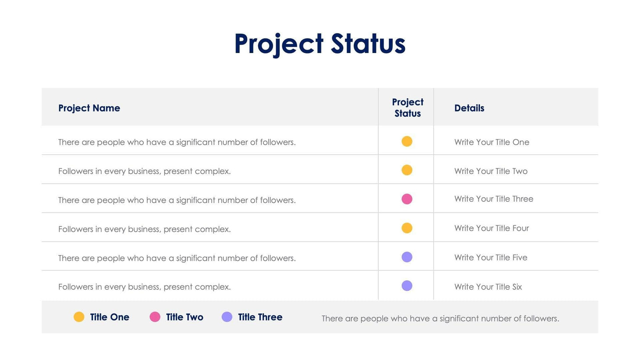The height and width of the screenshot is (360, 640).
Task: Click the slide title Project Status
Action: pyautogui.click(x=320, y=44)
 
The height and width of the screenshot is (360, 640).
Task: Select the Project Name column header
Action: pyautogui.click(x=89, y=108)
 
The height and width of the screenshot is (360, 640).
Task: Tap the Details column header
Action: pyautogui.click(x=469, y=108)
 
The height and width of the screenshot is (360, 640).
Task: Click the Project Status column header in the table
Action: pyautogui.click(x=407, y=107)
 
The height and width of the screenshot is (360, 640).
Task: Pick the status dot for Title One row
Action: pyautogui.click(x=407, y=141)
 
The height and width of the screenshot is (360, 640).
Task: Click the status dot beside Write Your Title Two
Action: pyautogui.click(x=407, y=170)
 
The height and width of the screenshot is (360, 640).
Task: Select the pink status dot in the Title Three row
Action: pyautogui.click(x=407, y=199)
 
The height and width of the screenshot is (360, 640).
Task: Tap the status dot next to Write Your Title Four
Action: pyautogui.click(x=407, y=228)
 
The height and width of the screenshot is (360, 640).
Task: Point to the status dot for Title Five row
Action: pyautogui.click(x=407, y=257)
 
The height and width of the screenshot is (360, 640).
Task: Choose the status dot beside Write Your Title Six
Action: pyautogui.click(x=407, y=286)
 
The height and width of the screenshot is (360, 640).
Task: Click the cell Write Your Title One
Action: pyautogui.click(x=491, y=142)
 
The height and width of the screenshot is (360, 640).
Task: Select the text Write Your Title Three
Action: pyautogui.click(x=494, y=199)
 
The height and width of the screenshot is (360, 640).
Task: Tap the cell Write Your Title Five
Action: pyautogui.click(x=491, y=257)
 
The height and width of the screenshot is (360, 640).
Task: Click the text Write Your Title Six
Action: pyautogui.click(x=488, y=287)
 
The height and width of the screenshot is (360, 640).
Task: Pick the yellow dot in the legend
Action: pyautogui.click(x=79, y=317)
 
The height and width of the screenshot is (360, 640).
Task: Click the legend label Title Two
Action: pyautogui.click(x=185, y=317)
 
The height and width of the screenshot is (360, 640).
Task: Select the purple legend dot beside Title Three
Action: pyautogui.click(x=227, y=317)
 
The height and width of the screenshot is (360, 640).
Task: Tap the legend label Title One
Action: pyautogui.click(x=110, y=317)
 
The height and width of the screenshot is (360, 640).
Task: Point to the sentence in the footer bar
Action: pyautogui.click(x=440, y=318)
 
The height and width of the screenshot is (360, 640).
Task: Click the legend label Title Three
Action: pyautogui.click(x=260, y=317)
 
